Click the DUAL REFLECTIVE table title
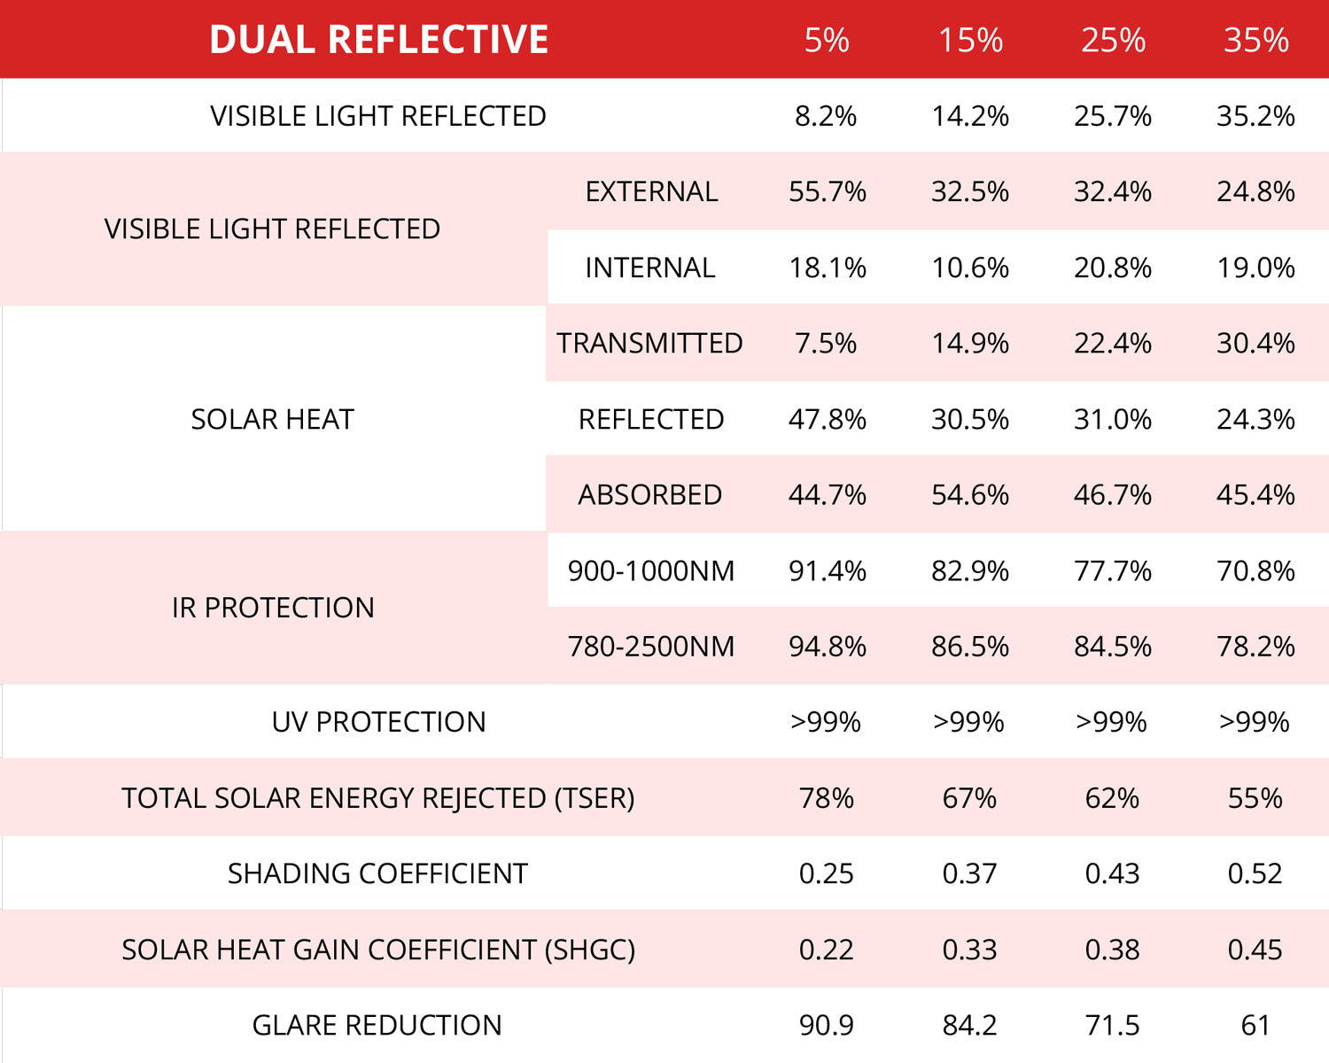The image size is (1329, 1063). [x=378, y=40]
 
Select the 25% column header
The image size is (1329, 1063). [x=1113, y=40]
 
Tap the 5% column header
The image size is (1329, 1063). [x=827, y=40]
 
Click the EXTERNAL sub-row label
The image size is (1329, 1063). [x=651, y=191]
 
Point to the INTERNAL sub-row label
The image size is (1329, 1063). [x=649, y=268]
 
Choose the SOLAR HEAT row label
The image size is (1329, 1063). [x=272, y=419]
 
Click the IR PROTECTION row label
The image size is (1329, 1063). [x=273, y=608]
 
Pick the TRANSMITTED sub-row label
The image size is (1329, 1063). [x=649, y=343]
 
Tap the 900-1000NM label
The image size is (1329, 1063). [x=651, y=570]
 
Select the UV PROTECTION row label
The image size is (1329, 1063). [x=378, y=722]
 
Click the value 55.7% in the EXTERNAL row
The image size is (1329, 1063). [x=827, y=191]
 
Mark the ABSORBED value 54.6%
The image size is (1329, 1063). [x=969, y=494]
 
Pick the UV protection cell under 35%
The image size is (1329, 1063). [x=1255, y=722]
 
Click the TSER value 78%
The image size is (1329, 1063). [x=827, y=798]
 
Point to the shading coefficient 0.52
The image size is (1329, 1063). [x=1255, y=873]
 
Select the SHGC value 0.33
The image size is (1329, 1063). [x=969, y=950]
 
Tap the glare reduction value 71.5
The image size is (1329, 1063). [x=1113, y=1025]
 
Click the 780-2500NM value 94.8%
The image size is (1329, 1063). [x=827, y=646]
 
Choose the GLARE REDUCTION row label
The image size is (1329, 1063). [x=377, y=1025]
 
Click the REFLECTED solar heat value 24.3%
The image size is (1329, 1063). [x=1255, y=419]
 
